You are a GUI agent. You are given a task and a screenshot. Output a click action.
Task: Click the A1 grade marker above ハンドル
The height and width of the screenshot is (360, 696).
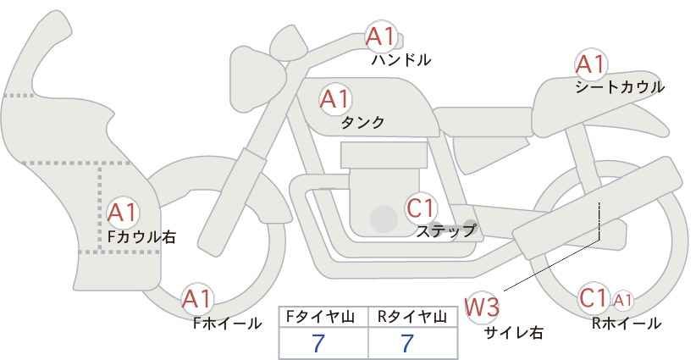(380, 36)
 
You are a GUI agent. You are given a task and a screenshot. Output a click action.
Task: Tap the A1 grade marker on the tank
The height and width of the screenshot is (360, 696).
(335, 99)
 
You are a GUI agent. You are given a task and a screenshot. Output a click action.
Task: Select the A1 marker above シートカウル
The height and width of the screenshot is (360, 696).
(591, 64)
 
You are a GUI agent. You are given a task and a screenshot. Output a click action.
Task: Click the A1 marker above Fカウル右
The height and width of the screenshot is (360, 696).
(122, 213)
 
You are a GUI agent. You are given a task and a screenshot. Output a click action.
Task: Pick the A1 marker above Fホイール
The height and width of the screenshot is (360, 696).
(196, 299)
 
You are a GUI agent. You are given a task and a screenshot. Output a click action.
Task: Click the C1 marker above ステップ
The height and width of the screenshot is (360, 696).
(421, 208)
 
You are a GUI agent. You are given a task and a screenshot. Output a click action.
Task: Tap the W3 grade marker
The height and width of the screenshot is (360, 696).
(482, 307)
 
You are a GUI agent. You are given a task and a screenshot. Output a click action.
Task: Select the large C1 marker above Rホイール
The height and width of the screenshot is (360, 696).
(594, 298)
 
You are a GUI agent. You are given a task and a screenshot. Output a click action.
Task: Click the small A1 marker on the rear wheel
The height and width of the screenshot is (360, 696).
(622, 301)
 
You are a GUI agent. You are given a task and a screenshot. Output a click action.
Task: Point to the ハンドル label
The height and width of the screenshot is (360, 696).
(401, 60)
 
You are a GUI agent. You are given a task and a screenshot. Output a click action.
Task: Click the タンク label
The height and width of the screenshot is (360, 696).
(362, 122)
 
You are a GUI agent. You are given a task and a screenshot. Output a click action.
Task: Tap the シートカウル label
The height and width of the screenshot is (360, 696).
(620, 87)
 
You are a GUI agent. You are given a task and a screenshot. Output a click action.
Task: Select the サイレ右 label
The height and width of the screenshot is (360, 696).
(514, 333)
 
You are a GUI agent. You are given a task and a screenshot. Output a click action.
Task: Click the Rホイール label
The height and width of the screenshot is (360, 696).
(627, 324)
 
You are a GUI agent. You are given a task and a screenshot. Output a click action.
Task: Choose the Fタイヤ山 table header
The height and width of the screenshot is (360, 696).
(320, 317)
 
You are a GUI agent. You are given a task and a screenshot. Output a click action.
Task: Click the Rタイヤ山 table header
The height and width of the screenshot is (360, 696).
(412, 317)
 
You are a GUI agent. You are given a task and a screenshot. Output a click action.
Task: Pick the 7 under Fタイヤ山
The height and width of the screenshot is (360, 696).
(318, 343)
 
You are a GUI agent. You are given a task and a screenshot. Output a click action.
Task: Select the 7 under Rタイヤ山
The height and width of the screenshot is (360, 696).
(407, 343)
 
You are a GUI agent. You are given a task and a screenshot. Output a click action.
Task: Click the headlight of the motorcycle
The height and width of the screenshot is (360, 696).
(257, 79)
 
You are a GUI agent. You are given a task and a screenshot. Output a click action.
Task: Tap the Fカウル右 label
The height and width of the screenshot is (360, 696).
(141, 237)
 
